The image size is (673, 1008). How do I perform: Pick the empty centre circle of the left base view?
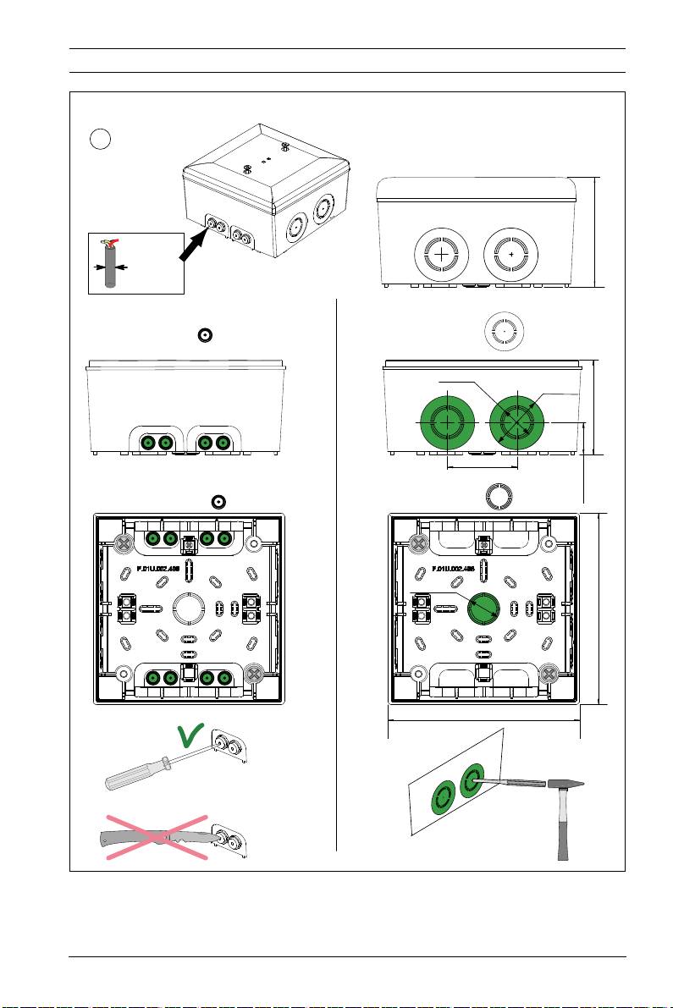(x=189, y=608)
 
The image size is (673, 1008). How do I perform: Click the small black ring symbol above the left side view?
(x=204, y=335)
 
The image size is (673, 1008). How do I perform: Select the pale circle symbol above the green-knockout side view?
(x=504, y=331)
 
